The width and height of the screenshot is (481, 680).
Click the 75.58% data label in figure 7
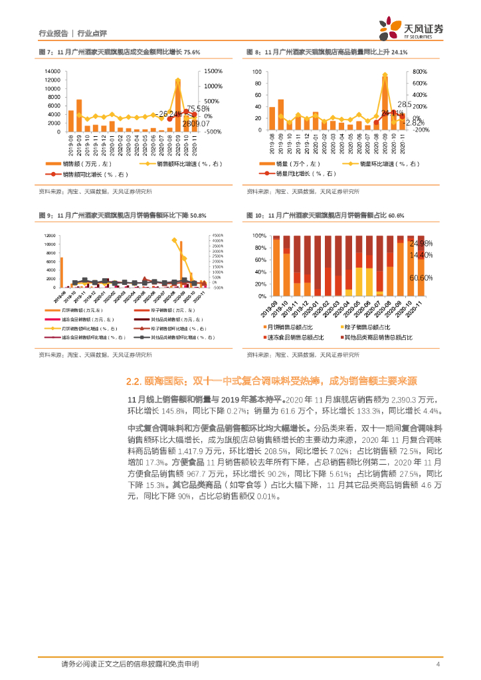(x=198, y=108)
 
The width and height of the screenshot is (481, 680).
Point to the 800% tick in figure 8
(x=420, y=71)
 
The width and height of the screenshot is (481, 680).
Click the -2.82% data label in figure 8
(x=415, y=123)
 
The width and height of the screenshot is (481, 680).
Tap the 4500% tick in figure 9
(x=219, y=234)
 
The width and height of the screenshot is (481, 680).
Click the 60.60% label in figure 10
(x=421, y=278)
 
